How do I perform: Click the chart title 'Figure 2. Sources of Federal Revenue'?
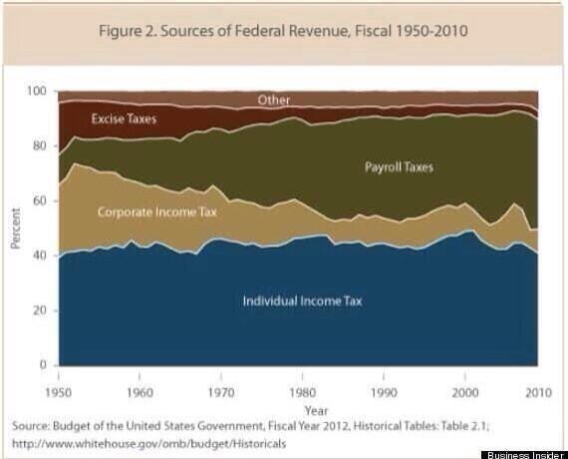[x=283, y=30]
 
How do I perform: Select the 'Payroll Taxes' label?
[x=399, y=167]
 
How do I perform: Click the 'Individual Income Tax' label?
[x=302, y=300]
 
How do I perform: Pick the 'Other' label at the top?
[x=274, y=101]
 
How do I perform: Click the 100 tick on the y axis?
[x=38, y=92]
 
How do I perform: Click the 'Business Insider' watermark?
[x=523, y=454]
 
